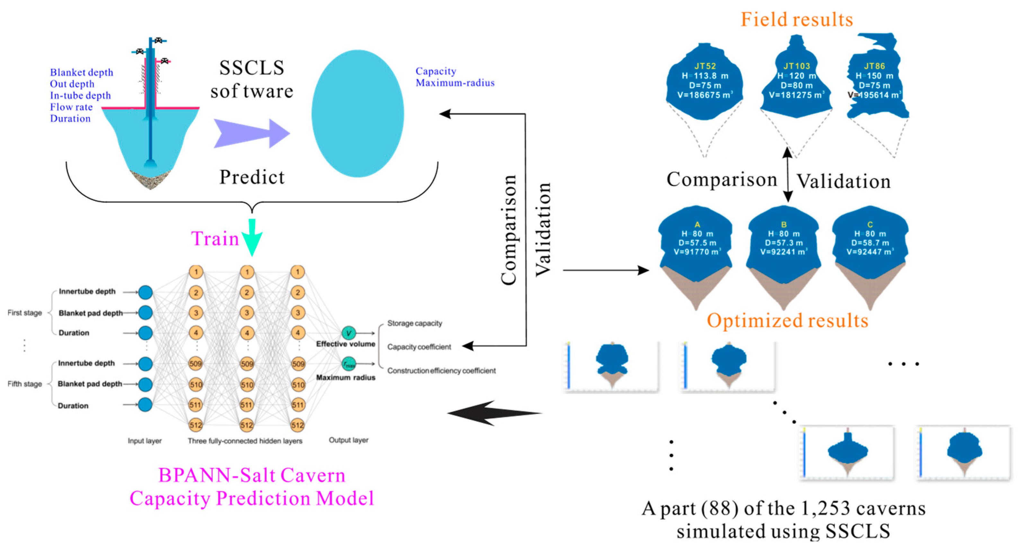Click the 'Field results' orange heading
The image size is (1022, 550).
[797, 19]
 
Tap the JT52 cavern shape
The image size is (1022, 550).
[705, 83]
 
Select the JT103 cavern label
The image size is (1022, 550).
[797, 66]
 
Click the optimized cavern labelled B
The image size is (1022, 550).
[784, 246]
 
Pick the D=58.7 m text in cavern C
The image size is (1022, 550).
[870, 242]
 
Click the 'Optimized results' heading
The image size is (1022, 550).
[787, 320]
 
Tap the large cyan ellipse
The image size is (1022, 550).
[358, 113]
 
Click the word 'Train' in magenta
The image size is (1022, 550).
[215, 239]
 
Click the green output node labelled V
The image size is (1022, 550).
[349, 333]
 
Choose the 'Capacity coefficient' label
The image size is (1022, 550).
[419, 347]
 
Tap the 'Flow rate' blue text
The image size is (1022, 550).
[71, 107]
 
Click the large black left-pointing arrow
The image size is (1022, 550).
[494, 413]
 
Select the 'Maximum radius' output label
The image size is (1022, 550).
[346, 377]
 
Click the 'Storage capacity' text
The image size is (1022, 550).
[414, 323]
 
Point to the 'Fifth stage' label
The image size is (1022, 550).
[25, 384]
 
